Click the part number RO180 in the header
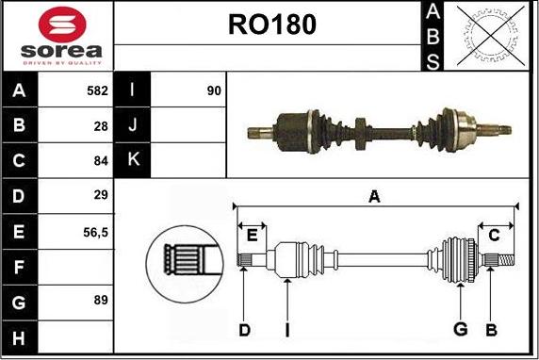coord(272,25)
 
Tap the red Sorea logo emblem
coord(62,25)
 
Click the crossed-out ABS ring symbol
coord(491,36)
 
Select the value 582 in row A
coord(98,90)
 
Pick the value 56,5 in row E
coord(95,233)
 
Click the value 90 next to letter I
coord(214,90)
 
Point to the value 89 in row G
coord(101,300)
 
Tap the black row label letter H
coord(19,338)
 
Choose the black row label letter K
coord(134,159)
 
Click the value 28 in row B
coord(101,126)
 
